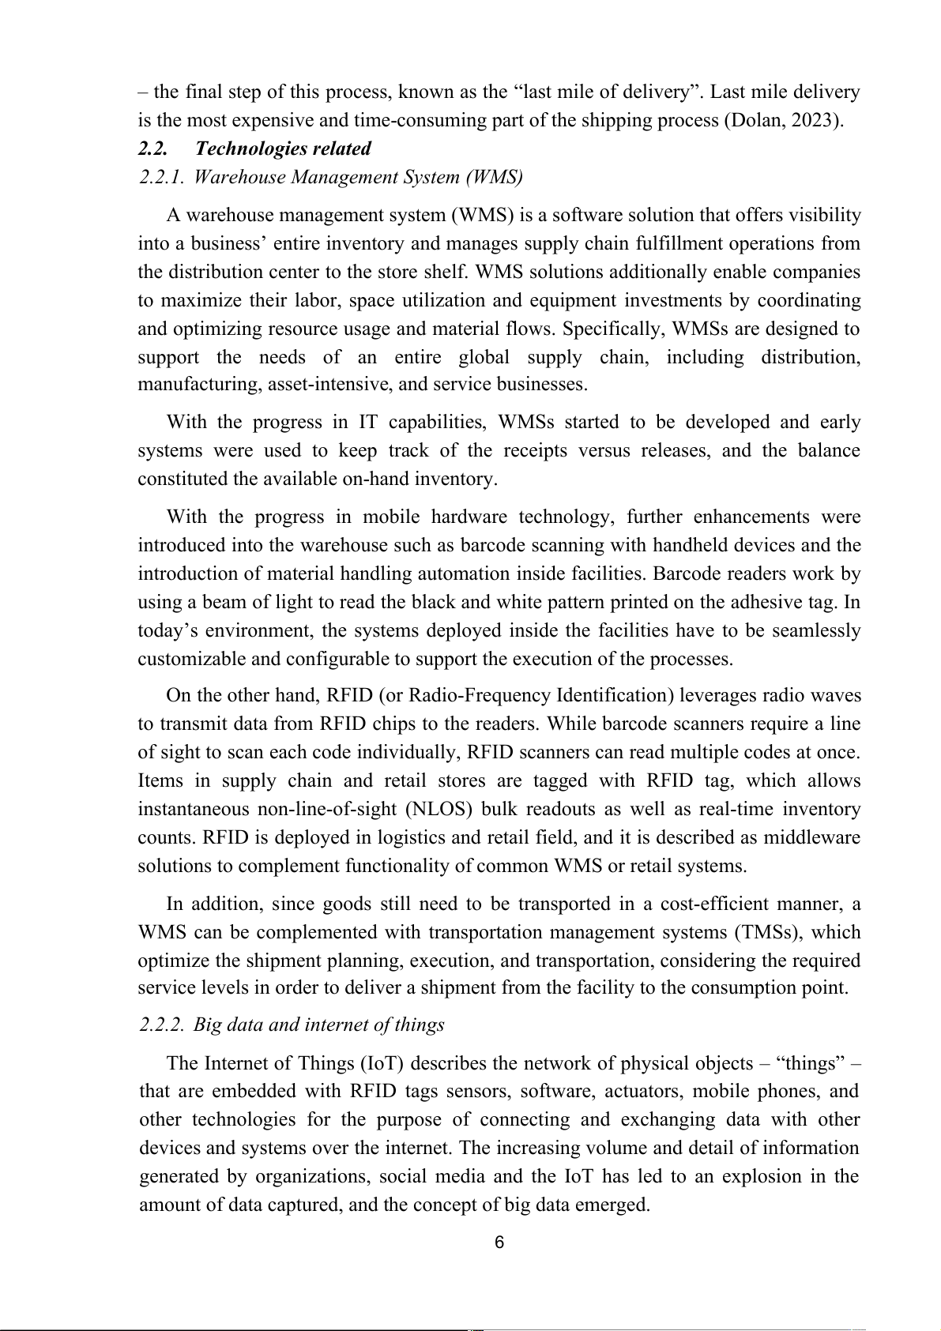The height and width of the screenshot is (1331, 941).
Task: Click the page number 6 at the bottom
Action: [499, 1243]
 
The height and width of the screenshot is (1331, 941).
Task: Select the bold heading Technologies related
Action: [283, 149]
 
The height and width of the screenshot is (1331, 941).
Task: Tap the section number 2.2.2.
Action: [162, 1025]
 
